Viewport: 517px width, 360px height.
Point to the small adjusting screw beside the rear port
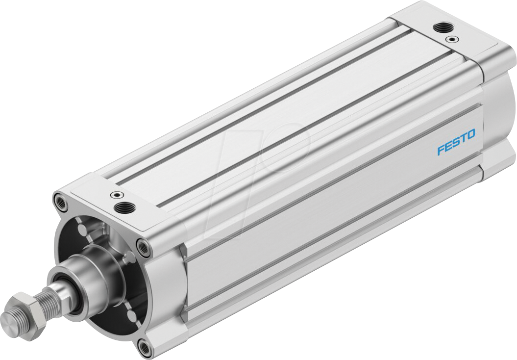point(448,38)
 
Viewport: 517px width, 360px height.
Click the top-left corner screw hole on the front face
point(59,200)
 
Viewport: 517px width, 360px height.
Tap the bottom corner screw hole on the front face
point(144,348)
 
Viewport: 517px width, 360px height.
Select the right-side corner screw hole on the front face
point(143,248)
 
